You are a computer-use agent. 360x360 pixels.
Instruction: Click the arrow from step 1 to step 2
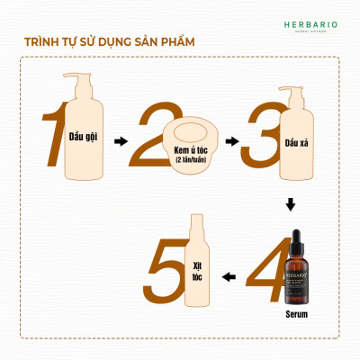[x=122, y=141]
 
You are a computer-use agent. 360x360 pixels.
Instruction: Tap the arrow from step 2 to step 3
[x=232, y=141]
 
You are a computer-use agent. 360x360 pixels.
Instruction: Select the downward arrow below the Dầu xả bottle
[x=290, y=206]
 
